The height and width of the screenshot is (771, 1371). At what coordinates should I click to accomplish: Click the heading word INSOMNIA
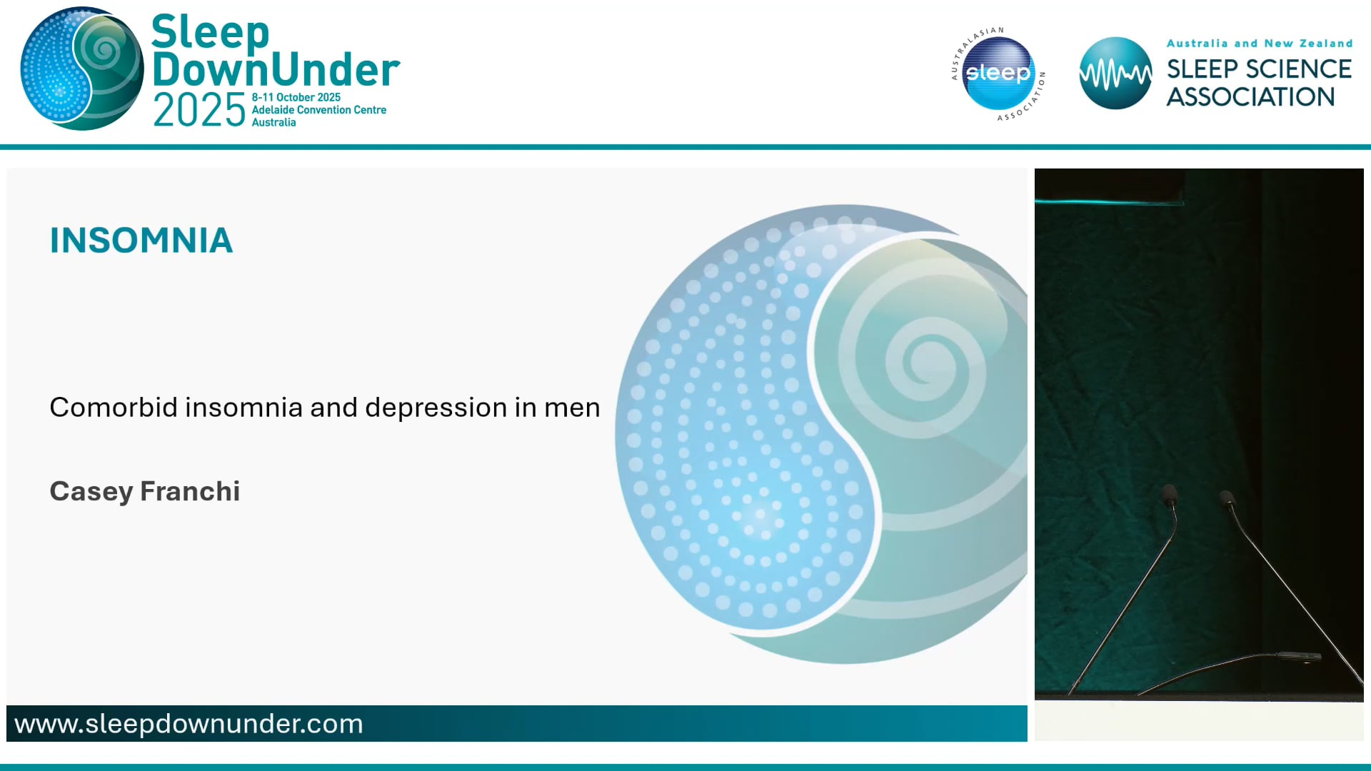coord(141,241)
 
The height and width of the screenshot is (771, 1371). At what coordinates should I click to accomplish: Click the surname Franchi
coord(190,491)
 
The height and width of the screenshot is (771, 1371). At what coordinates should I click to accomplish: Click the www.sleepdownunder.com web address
coord(189,724)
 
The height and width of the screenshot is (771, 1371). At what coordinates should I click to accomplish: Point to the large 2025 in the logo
coord(199,111)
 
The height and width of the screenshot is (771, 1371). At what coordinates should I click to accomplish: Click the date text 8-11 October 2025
coord(296,97)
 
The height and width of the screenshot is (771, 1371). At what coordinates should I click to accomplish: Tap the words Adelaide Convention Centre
coord(318,110)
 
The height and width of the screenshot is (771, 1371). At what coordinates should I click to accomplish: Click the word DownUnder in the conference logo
coord(276,70)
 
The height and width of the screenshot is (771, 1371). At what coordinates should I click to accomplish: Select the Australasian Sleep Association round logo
coord(998,74)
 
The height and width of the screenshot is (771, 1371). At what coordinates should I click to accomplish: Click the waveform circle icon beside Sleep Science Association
coord(1115,74)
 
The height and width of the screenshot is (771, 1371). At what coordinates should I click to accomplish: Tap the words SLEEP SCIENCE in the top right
coord(1259,69)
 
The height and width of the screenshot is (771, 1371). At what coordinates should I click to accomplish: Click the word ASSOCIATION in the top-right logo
coord(1250,97)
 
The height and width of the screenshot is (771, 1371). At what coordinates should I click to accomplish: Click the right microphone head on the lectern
coord(1226,498)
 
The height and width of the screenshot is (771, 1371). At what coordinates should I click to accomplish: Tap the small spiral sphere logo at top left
coord(82,69)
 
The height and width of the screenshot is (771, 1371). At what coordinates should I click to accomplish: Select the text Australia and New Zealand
coord(1259,44)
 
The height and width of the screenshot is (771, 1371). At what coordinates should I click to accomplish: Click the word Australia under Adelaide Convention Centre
coord(273,123)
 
